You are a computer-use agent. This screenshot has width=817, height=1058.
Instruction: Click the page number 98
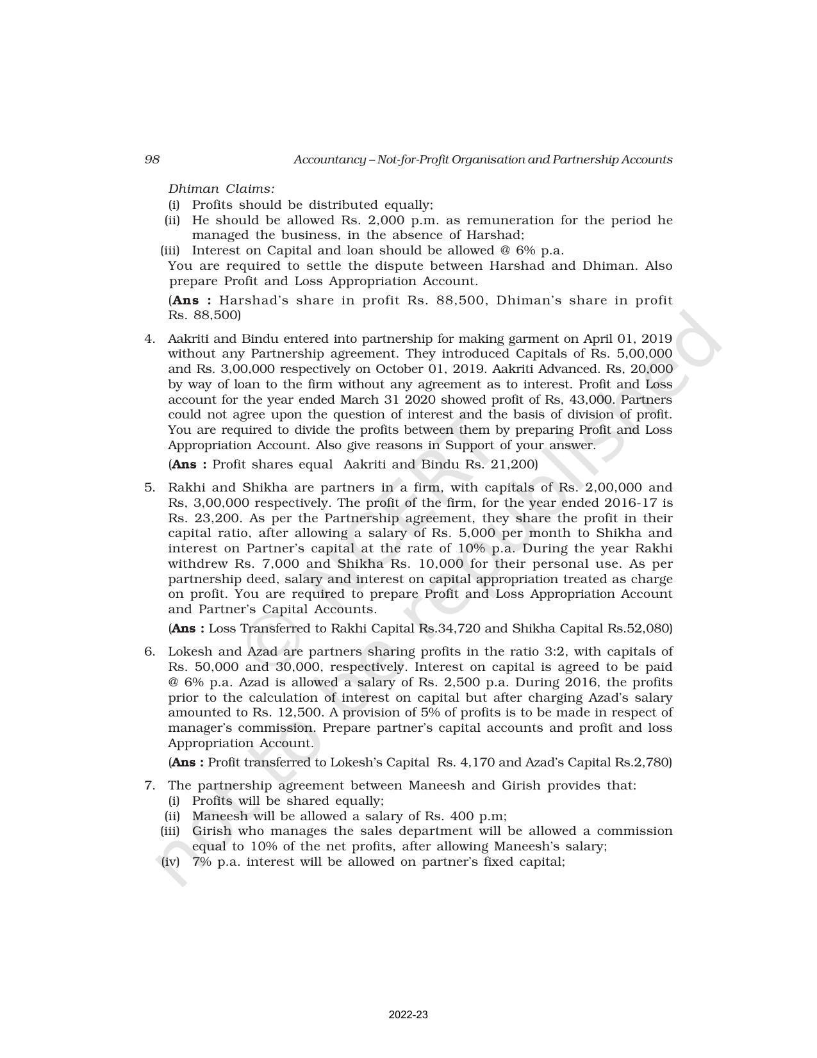tap(152, 160)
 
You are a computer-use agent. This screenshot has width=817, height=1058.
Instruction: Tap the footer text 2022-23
tap(408, 1015)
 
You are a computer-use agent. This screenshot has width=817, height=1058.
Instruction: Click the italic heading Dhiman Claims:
tap(221, 189)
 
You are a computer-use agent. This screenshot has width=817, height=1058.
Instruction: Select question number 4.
tap(149, 338)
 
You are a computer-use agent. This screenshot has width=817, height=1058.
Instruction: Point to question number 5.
tap(149, 487)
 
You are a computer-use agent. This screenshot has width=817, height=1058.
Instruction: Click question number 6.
tap(149, 652)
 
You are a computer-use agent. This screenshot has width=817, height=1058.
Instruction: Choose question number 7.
tap(149, 786)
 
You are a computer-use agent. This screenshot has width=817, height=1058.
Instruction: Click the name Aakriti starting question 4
tap(186, 338)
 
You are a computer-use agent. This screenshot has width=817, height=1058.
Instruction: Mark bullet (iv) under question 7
tap(170, 862)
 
